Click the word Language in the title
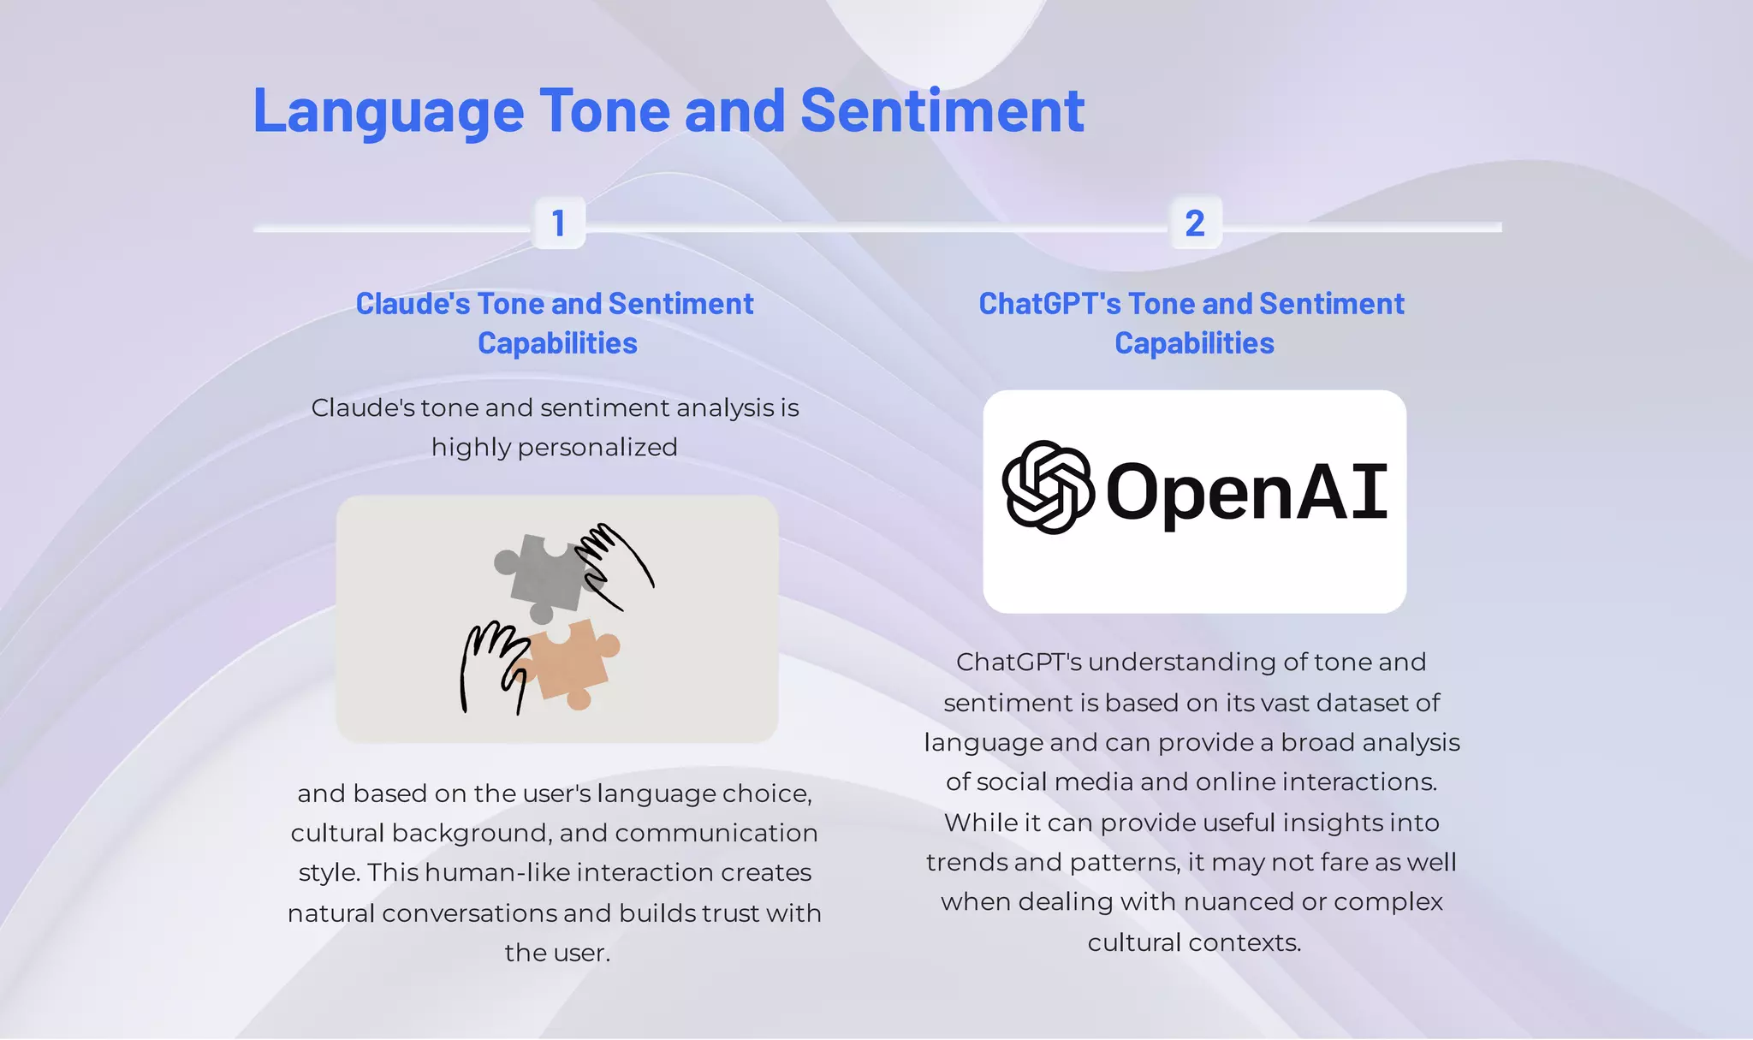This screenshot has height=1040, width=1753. pyautogui.click(x=388, y=113)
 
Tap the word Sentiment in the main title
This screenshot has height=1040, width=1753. pyautogui.click(x=942, y=111)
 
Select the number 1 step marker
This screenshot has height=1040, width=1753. pyautogui.click(x=559, y=223)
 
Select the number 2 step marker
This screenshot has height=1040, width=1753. pyautogui.click(x=1195, y=223)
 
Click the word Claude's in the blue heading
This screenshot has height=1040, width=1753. pyautogui.click(x=412, y=304)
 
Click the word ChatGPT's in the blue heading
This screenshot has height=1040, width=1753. pyautogui.click(x=1049, y=304)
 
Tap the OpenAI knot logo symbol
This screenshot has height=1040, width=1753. pyautogui.click(x=1048, y=488)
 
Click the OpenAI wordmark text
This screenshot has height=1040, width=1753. pyautogui.click(x=1246, y=491)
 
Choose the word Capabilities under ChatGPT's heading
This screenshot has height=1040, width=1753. pyautogui.click(x=1194, y=344)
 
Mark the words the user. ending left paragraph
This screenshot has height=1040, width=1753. pyautogui.click(x=556, y=953)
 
